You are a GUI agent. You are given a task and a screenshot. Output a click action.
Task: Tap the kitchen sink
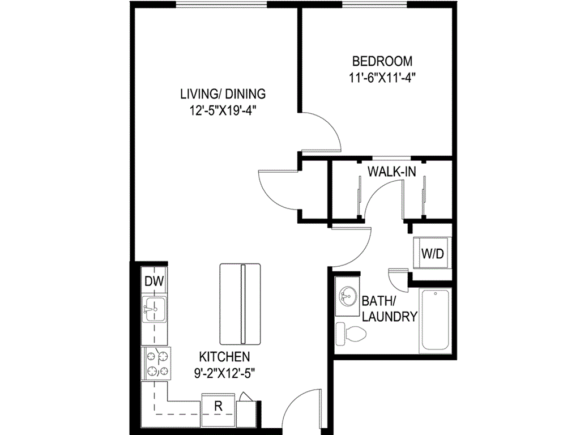[153, 310]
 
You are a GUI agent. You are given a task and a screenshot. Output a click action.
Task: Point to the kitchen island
[241, 304]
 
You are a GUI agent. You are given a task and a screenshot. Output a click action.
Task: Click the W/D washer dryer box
[432, 254]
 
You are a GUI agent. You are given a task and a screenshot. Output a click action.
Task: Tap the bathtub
[434, 321]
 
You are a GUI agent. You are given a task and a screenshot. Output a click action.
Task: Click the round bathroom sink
[347, 295]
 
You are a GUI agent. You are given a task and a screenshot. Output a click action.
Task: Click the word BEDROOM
[382, 61]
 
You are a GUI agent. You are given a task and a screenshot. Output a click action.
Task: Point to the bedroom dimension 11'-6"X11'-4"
[382, 79]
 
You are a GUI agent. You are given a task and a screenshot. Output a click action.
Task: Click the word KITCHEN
[224, 357]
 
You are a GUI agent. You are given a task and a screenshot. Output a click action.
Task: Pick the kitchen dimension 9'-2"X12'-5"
[224, 373]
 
